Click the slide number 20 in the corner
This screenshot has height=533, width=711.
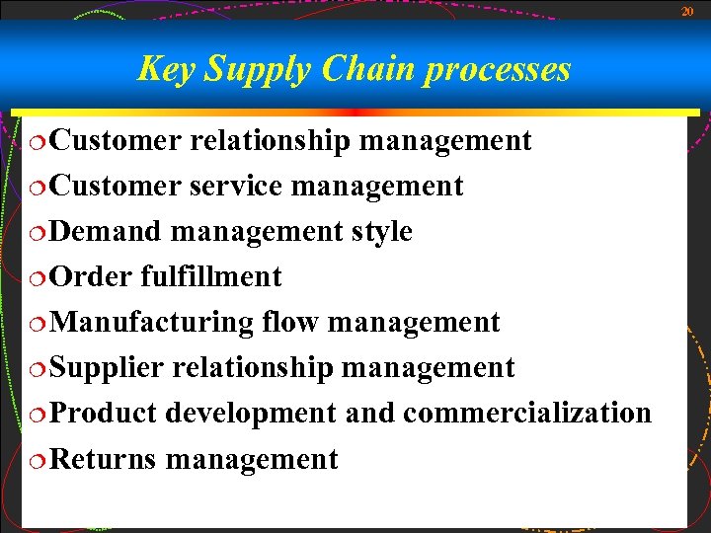click(x=687, y=11)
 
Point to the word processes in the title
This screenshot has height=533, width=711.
click(x=498, y=69)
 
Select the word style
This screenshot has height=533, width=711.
click(x=382, y=231)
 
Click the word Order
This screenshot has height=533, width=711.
click(x=90, y=276)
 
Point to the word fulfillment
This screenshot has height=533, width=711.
click(x=211, y=276)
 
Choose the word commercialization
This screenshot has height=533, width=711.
click(x=527, y=413)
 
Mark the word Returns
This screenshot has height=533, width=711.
click(x=103, y=459)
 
